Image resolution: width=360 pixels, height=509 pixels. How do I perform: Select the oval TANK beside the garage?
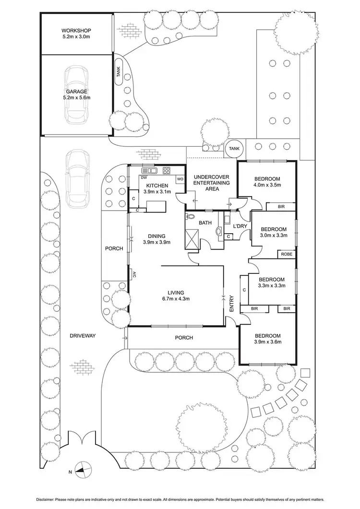pos(119,72)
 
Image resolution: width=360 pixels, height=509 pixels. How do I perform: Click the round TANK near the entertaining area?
pos(235,149)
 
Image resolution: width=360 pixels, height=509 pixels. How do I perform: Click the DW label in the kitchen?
pos(144,177)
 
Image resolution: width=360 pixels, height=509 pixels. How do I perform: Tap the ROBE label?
pos(287,254)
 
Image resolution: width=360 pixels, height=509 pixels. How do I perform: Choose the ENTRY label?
pos(232,304)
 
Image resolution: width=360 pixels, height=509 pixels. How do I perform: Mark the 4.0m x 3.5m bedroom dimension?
pos(267,184)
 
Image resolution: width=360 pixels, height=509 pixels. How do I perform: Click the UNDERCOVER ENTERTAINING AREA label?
pos(212,183)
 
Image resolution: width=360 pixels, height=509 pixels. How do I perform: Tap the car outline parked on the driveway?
pos(77,178)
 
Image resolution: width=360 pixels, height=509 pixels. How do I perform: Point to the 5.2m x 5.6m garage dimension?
pos(76,97)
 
